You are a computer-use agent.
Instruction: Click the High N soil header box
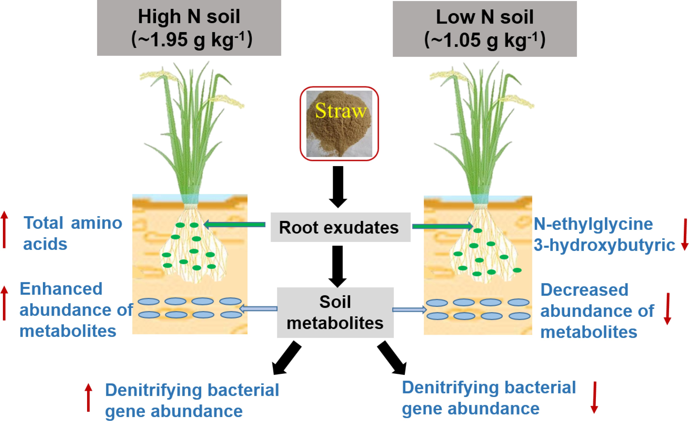189,28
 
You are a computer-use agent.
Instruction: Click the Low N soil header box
485,29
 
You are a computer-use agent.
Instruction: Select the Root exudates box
340,227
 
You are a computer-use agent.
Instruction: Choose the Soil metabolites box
335,312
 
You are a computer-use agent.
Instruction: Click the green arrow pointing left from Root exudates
235,224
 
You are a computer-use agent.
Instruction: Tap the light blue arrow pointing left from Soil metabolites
259,309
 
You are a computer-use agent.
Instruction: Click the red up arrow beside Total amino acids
4,230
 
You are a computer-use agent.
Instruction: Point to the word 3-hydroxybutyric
604,245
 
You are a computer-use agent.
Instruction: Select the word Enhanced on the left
61,289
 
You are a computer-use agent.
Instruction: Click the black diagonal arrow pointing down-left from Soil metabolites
287,358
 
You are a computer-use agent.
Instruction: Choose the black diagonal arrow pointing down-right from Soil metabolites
392,358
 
